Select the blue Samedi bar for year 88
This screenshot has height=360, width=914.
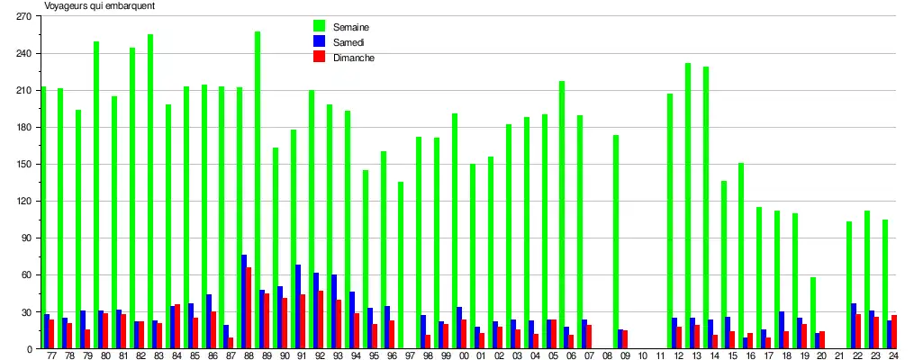(x=244, y=301)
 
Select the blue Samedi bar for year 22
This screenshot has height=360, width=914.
(x=854, y=326)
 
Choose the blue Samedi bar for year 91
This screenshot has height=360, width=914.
(x=298, y=306)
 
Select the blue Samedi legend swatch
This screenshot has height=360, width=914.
(x=319, y=41)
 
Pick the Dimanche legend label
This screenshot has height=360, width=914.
(x=352, y=58)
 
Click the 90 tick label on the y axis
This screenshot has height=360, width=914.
(x=27, y=238)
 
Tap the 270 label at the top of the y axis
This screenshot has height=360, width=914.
(x=24, y=16)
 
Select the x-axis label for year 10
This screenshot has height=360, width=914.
(x=643, y=355)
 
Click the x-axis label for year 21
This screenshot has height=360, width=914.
(x=840, y=355)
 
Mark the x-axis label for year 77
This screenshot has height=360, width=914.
(x=52, y=355)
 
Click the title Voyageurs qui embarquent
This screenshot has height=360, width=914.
(x=100, y=6)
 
